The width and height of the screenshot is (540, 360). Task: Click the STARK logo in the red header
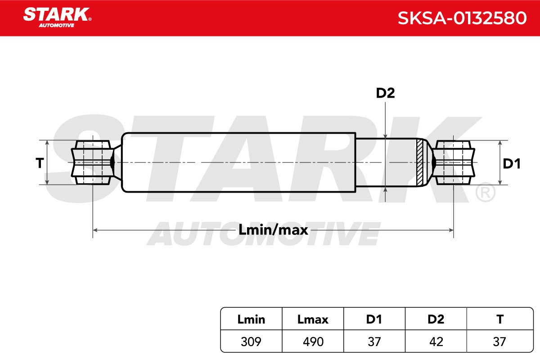coord(57,18)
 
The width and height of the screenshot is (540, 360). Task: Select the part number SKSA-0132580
coord(462,18)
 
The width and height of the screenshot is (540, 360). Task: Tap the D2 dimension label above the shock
coord(385,93)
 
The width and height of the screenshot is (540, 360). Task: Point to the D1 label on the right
coord(512,163)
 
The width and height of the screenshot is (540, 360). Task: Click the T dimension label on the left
coord(40,163)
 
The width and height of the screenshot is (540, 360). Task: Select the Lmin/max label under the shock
coord(273,230)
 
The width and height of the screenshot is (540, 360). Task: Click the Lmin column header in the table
coord(251,319)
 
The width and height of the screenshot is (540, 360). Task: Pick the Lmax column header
coord(313,319)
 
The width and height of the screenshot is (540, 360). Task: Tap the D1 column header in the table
coord(374,319)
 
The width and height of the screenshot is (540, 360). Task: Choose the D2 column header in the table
coord(436,319)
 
